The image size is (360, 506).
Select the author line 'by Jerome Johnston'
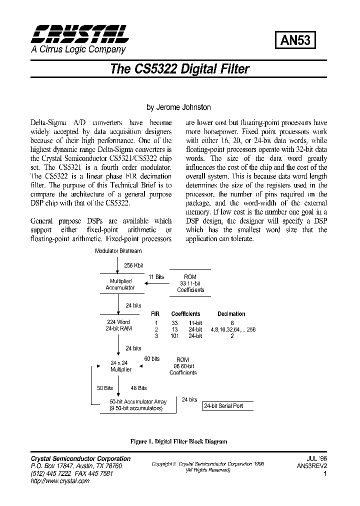[178, 107]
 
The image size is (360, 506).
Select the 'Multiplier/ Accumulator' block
[120, 284]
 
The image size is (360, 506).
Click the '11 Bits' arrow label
[156, 276]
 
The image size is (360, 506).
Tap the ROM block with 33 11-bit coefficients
[190, 283]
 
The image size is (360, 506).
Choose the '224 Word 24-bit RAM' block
[118, 325]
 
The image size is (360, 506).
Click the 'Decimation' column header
[231, 314]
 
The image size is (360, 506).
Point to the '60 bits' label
[152, 359]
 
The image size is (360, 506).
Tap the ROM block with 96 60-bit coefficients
[183, 366]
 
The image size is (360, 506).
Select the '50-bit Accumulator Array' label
[138, 402]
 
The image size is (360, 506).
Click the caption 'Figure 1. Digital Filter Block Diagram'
[178, 441]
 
